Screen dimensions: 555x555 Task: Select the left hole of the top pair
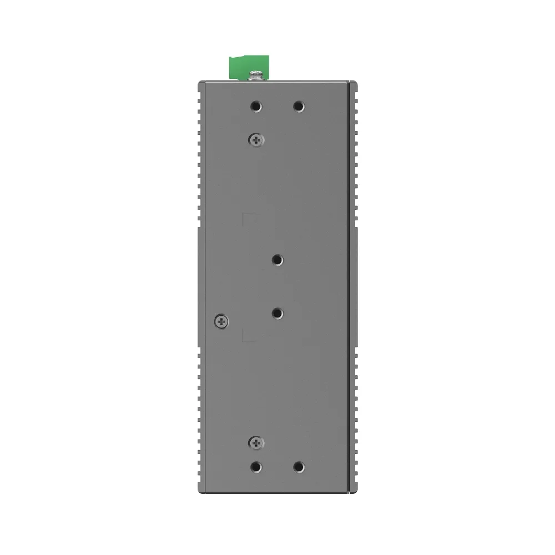point(255,106)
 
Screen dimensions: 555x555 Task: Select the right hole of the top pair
point(299,106)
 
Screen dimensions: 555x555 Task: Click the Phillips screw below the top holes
point(255,140)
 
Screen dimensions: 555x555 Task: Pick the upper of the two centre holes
point(278,259)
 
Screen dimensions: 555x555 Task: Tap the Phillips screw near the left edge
point(221,320)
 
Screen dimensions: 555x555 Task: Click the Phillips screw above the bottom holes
point(255,442)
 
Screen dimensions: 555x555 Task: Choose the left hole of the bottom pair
point(255,467)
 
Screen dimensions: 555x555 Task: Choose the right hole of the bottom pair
point(299,467)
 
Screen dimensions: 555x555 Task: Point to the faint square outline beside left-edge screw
point(249,334)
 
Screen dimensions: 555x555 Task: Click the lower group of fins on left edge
point(198,411)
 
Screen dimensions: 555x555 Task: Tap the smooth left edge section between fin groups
point(198,286)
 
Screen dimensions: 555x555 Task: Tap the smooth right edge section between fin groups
point(353,286)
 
